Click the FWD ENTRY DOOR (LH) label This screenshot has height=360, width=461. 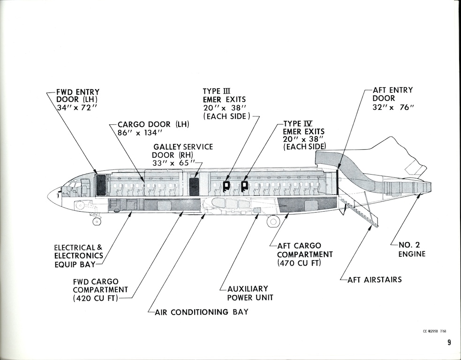click(78, 100)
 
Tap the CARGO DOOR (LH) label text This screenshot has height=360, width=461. click(153, 124)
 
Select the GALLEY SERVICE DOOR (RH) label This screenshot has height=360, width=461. click(182, 151)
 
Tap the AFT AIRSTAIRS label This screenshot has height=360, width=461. click(375, 280)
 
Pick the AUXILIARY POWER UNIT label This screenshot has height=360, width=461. click(248, 293)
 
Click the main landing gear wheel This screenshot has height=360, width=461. click(273, 221)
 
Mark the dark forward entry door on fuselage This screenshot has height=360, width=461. click(101, 185)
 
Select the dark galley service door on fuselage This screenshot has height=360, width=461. click(194, 186)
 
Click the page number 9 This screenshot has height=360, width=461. click(449, 343)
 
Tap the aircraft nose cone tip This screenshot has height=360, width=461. click(49, 195)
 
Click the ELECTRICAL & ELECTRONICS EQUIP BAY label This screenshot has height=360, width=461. click(78, 256)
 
